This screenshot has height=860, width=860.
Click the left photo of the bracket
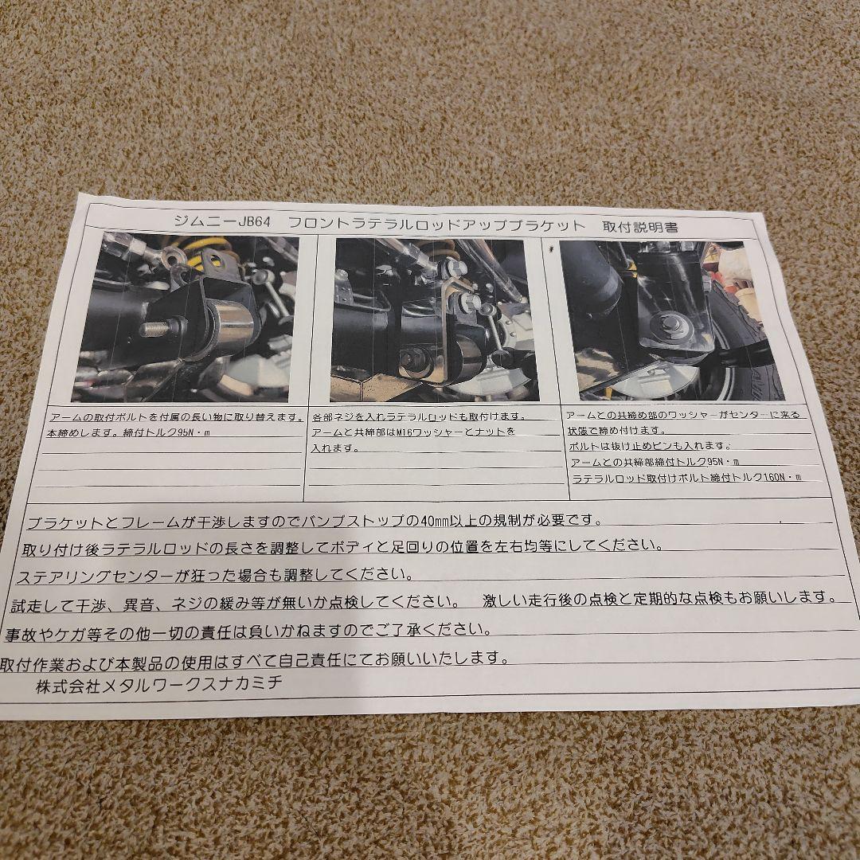(186, 319)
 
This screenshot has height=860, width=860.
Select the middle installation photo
(434, 320)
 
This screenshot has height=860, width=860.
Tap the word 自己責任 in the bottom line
(294, 659)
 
